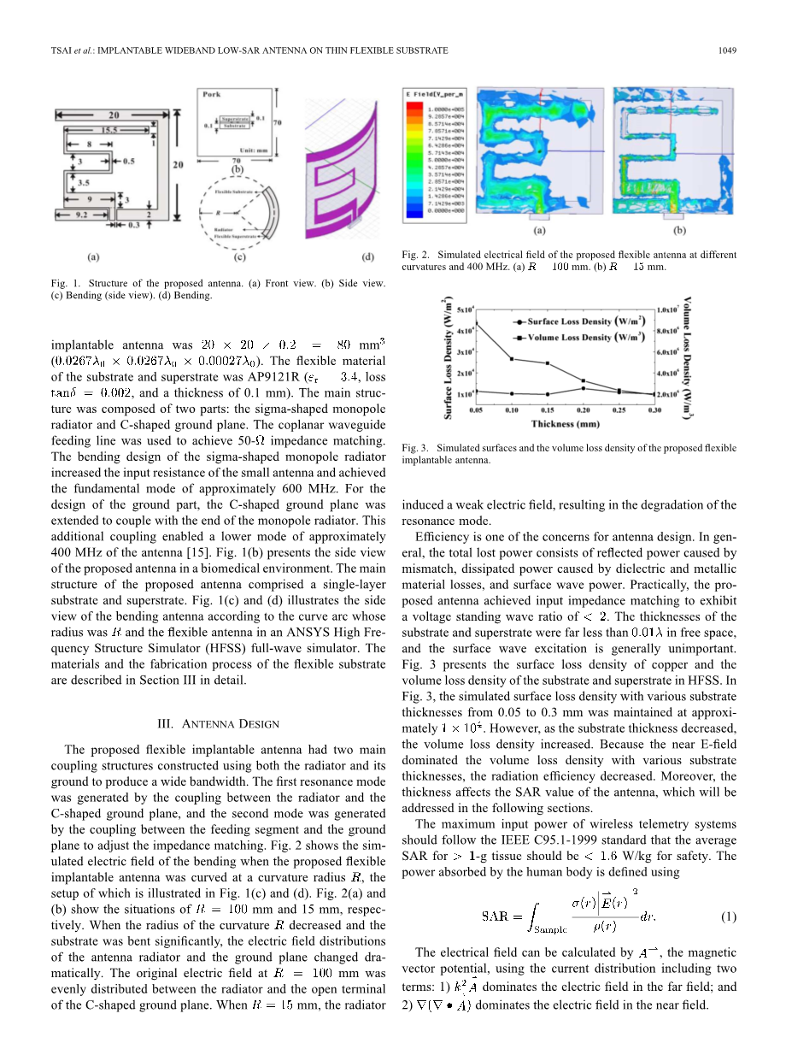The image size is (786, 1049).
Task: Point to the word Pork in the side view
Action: (211, 94)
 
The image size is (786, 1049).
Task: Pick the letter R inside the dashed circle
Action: (220, 209)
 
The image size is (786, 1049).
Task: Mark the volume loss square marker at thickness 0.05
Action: (477, 324)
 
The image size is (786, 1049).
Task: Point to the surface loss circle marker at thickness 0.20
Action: (583, 388)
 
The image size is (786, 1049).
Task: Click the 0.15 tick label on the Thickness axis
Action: (547, 410)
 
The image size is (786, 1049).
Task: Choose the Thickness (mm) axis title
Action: (565, 424)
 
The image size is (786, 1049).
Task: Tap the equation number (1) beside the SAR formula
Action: (728, 917)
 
